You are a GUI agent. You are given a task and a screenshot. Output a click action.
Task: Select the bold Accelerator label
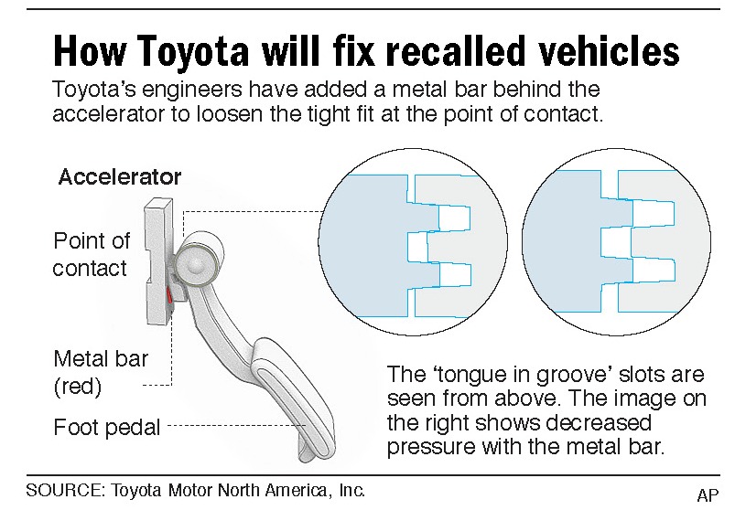point(120,177)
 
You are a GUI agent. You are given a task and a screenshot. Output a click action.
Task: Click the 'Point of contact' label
point(91,254)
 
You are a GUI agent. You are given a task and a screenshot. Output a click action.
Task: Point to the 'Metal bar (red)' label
point(90,372)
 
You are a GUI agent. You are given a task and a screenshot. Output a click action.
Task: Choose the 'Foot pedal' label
point(107,426)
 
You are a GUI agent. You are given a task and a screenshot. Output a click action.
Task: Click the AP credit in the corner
point(707,494)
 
